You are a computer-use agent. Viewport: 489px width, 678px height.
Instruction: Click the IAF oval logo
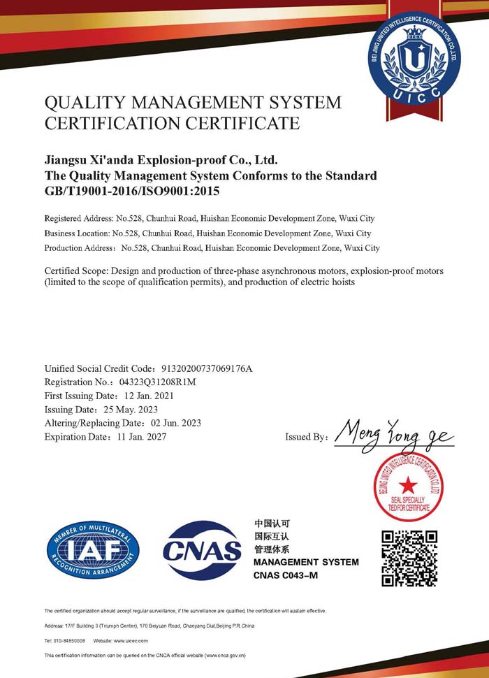93,550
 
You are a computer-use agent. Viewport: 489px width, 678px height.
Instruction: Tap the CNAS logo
202,551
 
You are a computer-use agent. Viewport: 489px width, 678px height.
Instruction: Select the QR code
409,558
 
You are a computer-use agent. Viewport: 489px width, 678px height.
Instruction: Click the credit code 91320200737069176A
207,368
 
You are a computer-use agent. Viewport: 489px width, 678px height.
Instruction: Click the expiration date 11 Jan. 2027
141,437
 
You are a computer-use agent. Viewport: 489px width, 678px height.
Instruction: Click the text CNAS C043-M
285,575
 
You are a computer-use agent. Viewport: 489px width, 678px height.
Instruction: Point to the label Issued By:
306,438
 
